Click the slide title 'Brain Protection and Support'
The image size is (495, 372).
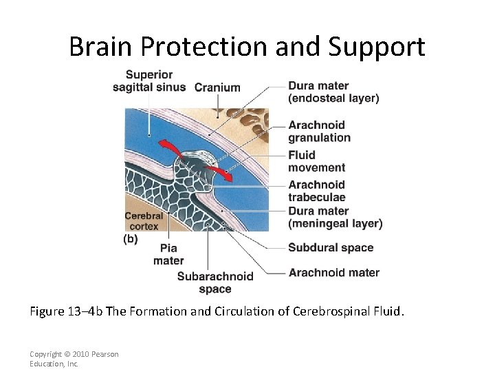[247, 46]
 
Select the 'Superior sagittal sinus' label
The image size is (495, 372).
[149, 81]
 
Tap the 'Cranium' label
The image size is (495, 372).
[217, 87]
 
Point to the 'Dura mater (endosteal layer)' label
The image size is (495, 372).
[333, 92]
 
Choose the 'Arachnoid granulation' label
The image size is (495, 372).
[319, 131]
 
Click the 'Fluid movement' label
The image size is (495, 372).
[316, 161]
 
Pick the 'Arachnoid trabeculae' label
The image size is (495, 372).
[316, 191]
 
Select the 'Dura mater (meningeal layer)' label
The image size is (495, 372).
[335, 217]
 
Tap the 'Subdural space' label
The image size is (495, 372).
[331, 247]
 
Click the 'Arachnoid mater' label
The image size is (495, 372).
[333, 272]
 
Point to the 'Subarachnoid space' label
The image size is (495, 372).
[215, 282]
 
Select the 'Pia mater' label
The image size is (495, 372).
[168, 254]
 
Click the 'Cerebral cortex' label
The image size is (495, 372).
[144, 221]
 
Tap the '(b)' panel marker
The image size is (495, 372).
[130, 239]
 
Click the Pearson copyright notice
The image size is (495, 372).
[74, 359]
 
